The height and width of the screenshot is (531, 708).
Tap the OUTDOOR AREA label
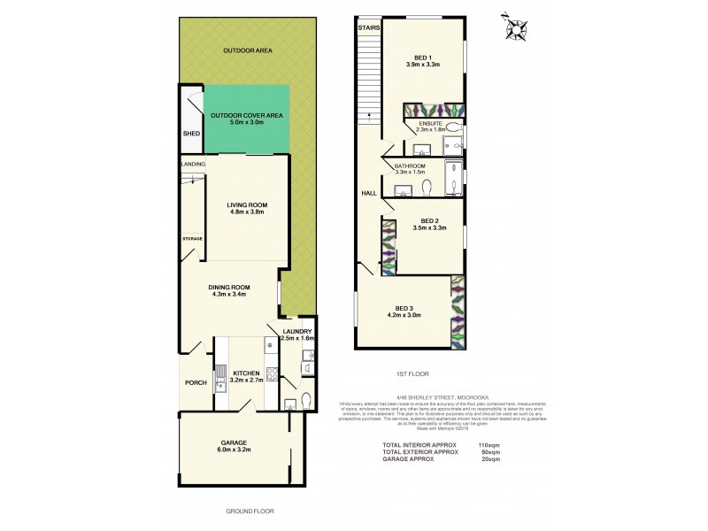[247, 51]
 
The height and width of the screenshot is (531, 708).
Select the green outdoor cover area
[247, 118]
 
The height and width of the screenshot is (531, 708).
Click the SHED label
[190, 134]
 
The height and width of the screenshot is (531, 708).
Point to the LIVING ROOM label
[247, 204]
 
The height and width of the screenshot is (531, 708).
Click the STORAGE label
[192, 238]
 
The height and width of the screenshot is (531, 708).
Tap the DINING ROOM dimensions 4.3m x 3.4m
[228, 295]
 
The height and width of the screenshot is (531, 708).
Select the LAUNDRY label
[296, 331]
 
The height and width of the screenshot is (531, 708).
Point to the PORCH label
[196, 383]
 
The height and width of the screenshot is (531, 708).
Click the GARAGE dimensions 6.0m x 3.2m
[234, 450]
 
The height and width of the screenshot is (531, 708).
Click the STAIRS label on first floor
[368, 28]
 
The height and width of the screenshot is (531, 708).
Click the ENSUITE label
[430, 123]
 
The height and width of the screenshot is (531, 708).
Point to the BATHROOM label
[410, 165]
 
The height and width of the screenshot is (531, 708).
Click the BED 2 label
[429, 220]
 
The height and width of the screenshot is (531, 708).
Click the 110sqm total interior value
[489, 444]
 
